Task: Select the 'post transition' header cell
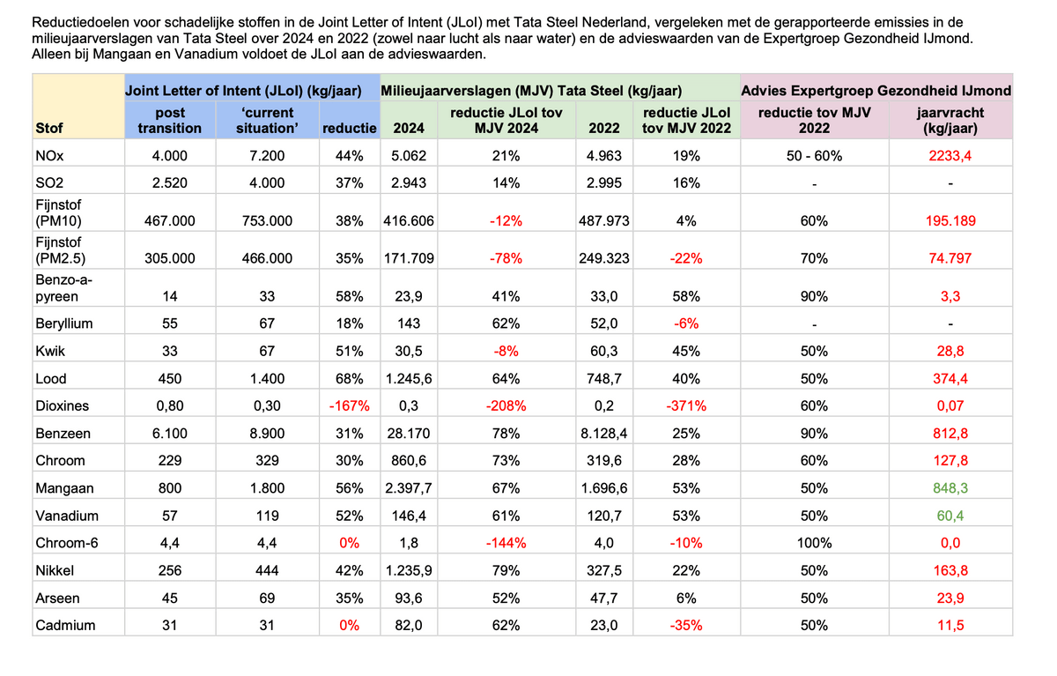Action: tap(169, 120)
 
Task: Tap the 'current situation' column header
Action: tap(268, 120)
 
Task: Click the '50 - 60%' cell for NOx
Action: tap(814, 156)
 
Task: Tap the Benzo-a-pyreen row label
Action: tap(63, 287)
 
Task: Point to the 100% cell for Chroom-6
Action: tap(814, 543)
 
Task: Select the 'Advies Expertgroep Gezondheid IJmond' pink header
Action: tap(876, 90)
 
